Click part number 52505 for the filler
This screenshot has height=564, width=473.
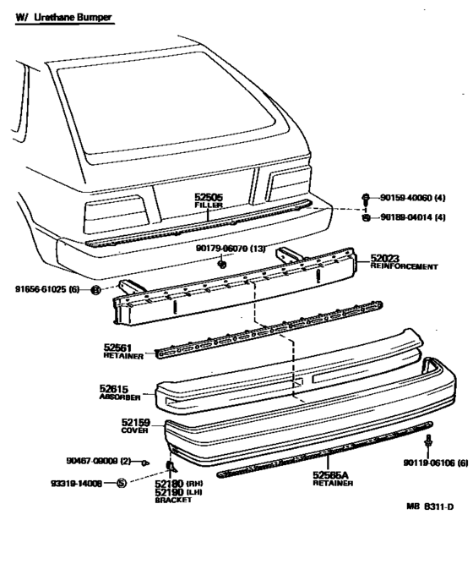[x=208, y=197]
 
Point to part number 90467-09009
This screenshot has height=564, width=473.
[x=92, y=461]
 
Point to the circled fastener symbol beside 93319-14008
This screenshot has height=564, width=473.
[x=121, y=484]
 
